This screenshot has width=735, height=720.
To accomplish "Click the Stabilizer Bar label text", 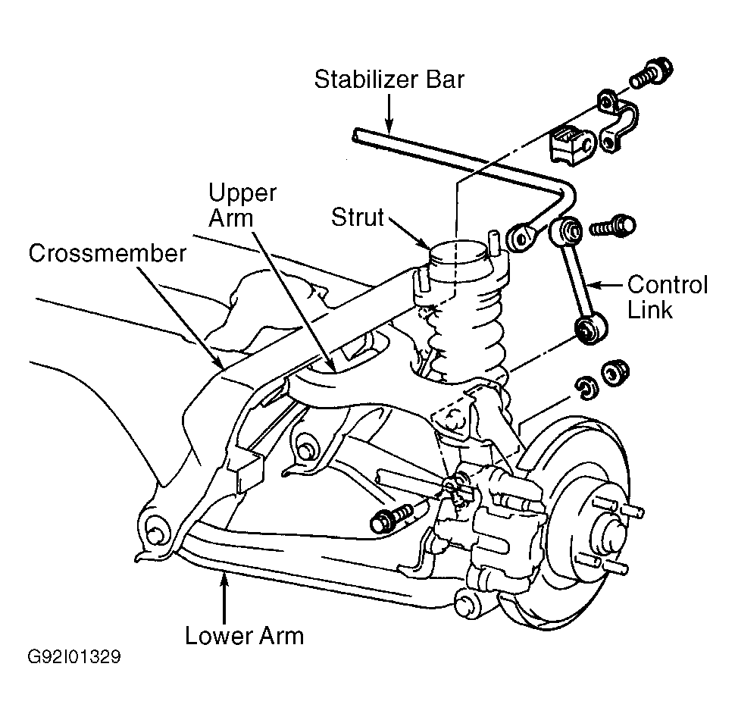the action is [x=389, y=80].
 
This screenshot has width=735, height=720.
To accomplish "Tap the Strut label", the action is [x=357, y=218].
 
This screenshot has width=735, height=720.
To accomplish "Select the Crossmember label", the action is [x=108, y=254].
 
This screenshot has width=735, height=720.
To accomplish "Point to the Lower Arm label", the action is [x=244, y=636].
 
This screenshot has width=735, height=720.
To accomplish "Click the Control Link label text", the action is [x=668, y=297].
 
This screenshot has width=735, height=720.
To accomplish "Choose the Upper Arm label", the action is [x=242, y=205].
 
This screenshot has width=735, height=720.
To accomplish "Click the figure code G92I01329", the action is [x=74, y=657].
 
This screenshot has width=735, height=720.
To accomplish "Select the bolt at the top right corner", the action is [x=652, y=74].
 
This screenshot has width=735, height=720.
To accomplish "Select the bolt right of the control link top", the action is [x=612, y=227].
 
